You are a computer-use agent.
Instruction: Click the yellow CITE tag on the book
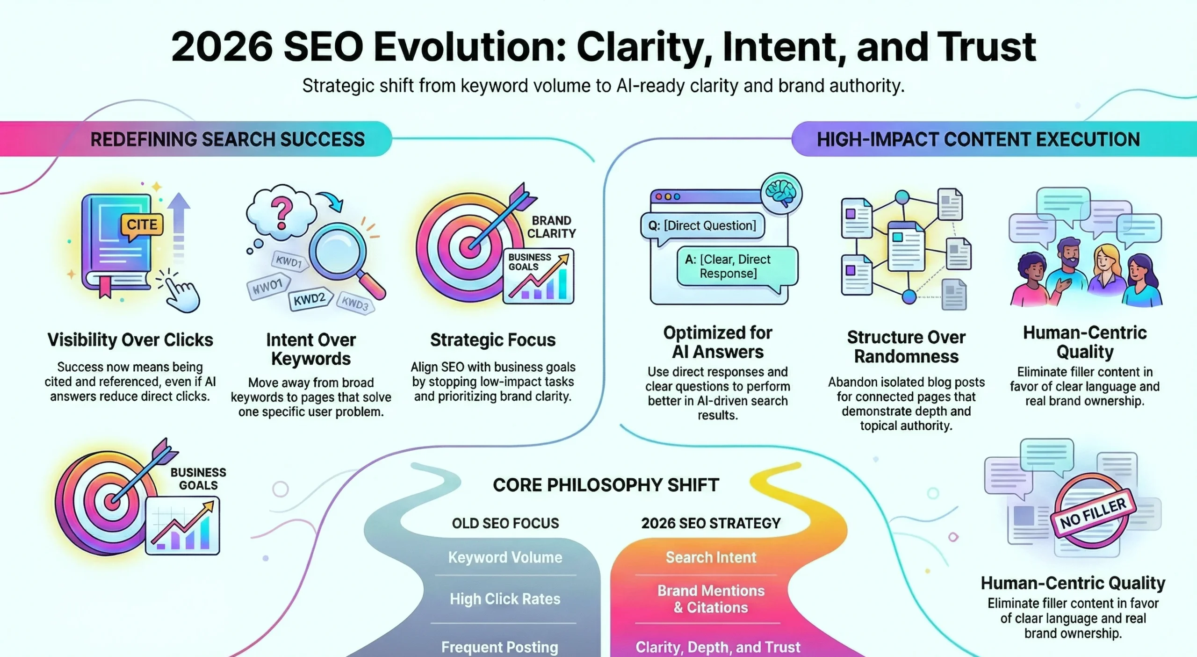pyautogui.click(x=142, y=225)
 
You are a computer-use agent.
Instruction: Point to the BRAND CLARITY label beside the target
pyautogui.click(x=551, y=227)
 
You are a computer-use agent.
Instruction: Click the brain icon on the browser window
pyautogui.click(x=781, y=194)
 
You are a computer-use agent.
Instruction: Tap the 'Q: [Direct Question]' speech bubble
pyautogui.click(x=702, y=226)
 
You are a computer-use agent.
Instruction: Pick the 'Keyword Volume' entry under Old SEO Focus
pyautogui.click(x=505, y=557)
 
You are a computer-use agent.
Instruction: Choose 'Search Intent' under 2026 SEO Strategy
pyautogui.click(x=711, y=557)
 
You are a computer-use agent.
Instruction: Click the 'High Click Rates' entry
pyautogui.click(x=505, y=599)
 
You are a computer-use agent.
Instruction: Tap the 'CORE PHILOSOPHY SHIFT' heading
pyautogui.click(x=606, y=485)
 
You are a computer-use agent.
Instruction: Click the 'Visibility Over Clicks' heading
pyautogui.click(x=130, y=340)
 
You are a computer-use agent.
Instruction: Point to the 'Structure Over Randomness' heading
pyautogui.click(x=906, y=347)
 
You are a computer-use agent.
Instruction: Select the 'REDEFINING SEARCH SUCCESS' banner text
pyautogui.click(x=227, y=140)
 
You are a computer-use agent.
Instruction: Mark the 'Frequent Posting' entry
pyautogui.click(x=499, y=647)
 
